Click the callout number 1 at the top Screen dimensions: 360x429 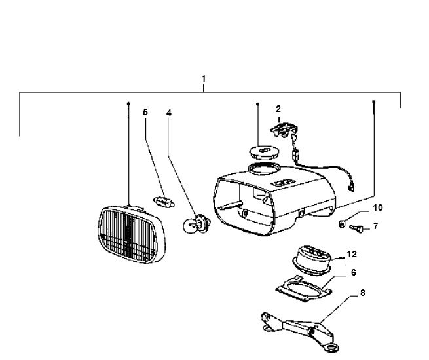(204, 79)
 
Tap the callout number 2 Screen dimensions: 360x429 (278, 108)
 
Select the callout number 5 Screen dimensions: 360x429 (145, 112)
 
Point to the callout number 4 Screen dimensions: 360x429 (169, 113)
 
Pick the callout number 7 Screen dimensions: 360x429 (375, 226)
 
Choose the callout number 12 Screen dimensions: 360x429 (352, 253)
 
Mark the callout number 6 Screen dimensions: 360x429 (353, 272)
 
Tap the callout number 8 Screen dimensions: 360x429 (362, 294)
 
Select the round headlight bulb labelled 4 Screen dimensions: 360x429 (196, 224)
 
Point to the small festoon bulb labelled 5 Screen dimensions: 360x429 (164, 199)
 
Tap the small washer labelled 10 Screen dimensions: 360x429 (343, 224)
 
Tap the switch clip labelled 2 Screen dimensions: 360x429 (283, 130)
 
